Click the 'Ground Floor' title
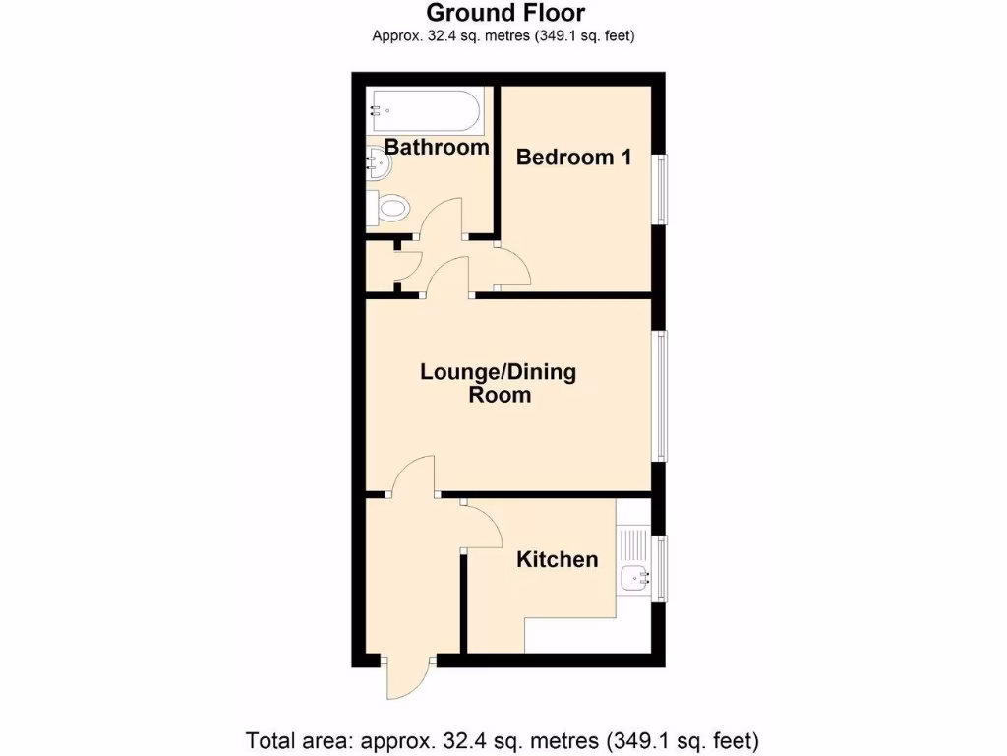(503, 13)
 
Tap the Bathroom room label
(437, 148)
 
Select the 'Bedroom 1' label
(573, 157)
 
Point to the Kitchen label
(558, 560)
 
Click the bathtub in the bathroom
(425, 110)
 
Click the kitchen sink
(630, 576)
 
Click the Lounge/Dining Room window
(664, 397)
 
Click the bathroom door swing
(441, 218)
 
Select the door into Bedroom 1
(513, 267)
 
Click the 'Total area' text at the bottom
(503, 739)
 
